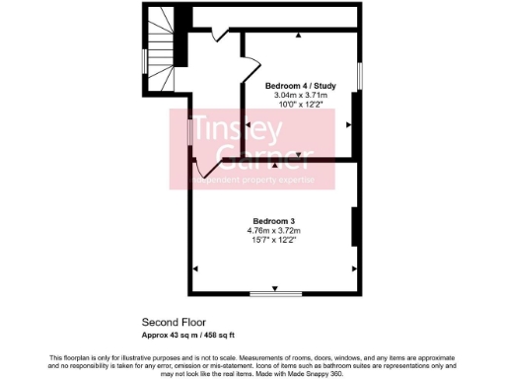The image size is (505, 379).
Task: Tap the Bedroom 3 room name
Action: pos(270,220)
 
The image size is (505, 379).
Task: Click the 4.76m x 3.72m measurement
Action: pos(271,230)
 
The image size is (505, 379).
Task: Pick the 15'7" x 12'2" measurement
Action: pos(271,240)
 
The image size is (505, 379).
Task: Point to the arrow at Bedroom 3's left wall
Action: pos(196,267)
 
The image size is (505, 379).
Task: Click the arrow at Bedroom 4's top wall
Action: pos(299,35)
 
